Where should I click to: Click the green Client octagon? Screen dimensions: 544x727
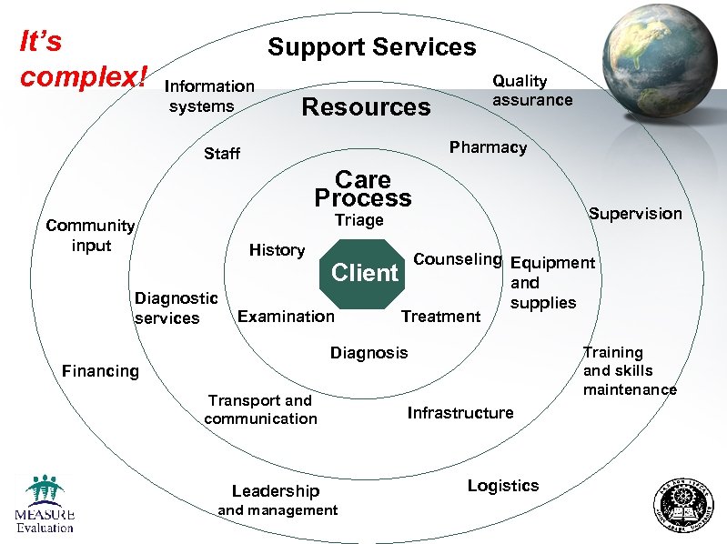(365, 272)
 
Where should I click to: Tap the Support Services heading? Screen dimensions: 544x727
(371, 47)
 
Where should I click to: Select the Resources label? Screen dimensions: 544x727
(365, 107)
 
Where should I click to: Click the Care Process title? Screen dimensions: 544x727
(362, 188)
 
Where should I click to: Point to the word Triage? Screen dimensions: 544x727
(358, 220)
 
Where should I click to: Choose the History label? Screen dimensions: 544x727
(277, 250)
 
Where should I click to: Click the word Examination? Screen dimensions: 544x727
(286, 317)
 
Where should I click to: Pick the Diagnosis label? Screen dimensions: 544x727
(369, 353)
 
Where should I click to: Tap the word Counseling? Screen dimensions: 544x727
(457, 259)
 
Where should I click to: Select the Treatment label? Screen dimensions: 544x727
(440, 317)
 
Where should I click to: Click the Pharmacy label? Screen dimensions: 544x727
(488, 147)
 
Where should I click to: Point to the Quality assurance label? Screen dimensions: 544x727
(532, 90)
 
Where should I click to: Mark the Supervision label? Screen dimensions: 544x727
(634, 214)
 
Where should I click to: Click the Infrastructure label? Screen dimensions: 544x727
(459, 413)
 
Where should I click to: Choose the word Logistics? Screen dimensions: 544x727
(502, 486)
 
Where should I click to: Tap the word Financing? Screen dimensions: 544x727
(100, 371)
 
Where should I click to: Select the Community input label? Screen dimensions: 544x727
(90, 236)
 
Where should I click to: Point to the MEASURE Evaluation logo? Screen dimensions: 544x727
(44, 504)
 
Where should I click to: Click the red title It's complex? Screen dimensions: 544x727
(82, 59)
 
